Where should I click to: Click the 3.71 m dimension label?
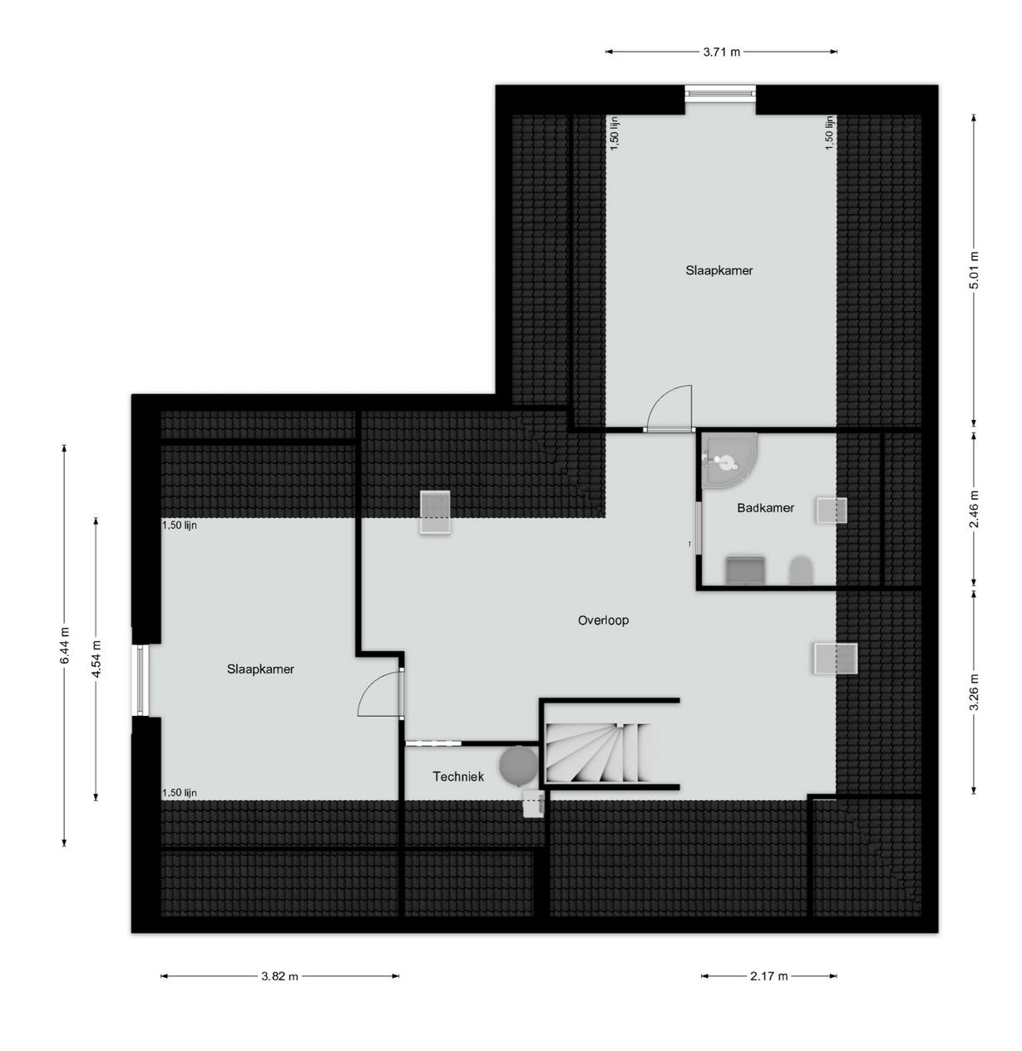click(721, 52)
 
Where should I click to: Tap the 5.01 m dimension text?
click(974, 270)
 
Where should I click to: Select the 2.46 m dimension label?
click(974, 508)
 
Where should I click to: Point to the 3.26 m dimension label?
click(974, 692)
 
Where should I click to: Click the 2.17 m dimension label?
click(768, 976)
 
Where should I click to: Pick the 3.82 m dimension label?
click(279, 976)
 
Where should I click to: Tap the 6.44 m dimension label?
click(64, 645)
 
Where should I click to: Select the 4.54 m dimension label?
click(96, 659)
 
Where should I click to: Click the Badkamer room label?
click(765, 508)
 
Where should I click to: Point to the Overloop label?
click(603, 620)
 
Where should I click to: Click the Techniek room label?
click(458, 777)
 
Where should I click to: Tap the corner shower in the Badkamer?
click(728, 460)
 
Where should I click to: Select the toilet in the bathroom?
click(801, 571)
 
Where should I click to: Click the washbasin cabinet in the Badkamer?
click(745, 570)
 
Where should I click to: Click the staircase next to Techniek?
click(599, 752)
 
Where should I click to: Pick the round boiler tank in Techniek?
click(519, 765)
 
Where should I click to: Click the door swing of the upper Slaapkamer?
click(669, 408)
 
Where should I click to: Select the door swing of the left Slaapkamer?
click(379, 694)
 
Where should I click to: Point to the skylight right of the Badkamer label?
click(832, 511)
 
